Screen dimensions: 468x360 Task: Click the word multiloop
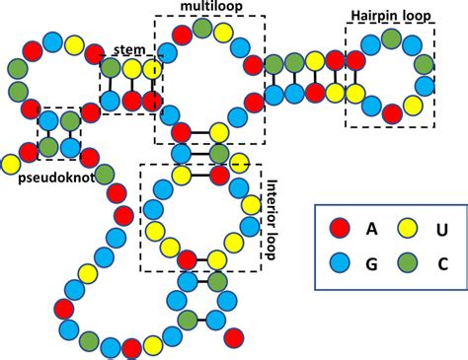[206, 8]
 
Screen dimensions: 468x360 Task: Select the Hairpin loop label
[390, 16]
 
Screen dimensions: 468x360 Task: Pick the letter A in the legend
[371, 229]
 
